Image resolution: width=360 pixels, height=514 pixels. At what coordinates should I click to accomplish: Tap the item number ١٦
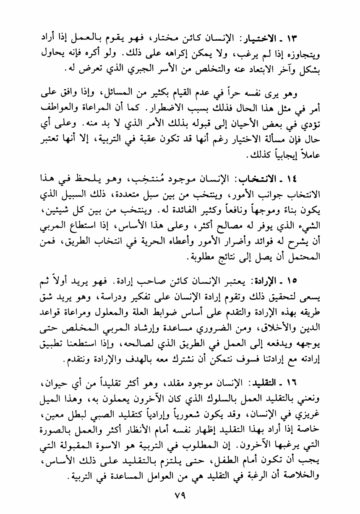[x=315, y=371]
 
